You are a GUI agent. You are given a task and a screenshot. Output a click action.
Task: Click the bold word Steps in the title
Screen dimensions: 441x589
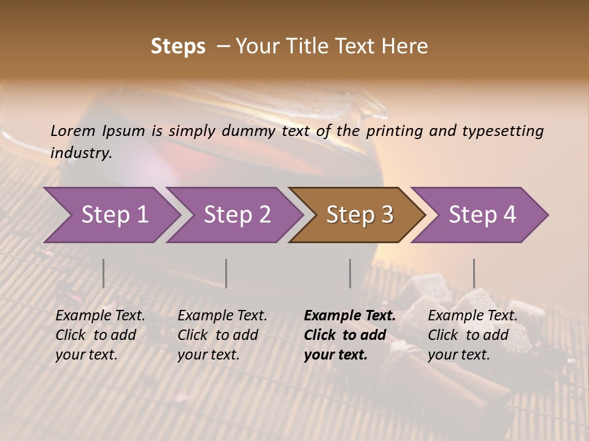[178, 47]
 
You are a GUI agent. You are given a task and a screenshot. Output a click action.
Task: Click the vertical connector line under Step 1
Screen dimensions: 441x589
[103, 273]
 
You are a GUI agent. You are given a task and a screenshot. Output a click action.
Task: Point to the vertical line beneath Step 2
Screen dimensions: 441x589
[226, 273]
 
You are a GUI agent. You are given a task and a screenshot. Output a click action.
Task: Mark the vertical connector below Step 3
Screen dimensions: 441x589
[350, 273]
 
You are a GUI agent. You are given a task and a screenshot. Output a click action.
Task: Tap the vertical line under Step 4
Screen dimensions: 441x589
[474, 273]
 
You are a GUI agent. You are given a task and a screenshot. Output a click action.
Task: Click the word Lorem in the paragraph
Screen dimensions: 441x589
[73, 130]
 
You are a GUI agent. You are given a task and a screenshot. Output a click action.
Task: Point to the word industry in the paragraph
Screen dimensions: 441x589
[81, 153]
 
